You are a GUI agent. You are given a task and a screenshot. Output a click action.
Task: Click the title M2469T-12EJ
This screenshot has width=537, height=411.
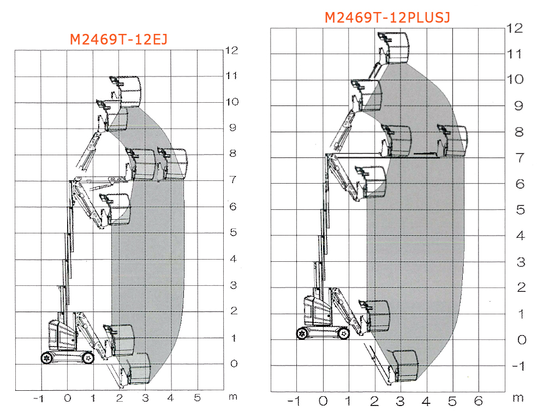coord(118,39)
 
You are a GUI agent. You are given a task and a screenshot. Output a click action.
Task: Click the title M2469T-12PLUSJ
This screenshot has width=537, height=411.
coord(387,17)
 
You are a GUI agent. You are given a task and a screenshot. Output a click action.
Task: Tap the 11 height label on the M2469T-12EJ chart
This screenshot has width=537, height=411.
coord(231,75)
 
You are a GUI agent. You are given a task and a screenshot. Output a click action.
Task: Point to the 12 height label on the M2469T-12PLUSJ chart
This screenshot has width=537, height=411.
coord(515,28)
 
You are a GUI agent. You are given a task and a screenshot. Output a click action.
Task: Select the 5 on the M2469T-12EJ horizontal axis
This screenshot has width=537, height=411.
coord(197,398)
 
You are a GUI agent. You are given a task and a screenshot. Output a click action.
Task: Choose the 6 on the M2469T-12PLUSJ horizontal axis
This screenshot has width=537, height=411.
coord(479,401)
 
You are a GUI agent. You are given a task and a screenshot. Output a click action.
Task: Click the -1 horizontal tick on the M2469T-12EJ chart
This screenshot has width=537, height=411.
coord(39,398)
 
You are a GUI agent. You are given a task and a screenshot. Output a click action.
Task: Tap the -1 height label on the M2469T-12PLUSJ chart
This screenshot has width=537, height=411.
coord(518,366)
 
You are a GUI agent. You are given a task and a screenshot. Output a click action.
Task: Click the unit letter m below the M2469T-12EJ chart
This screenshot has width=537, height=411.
coord(233,397)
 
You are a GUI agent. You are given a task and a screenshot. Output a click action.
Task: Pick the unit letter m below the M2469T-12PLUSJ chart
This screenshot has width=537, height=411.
coord(518,398)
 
